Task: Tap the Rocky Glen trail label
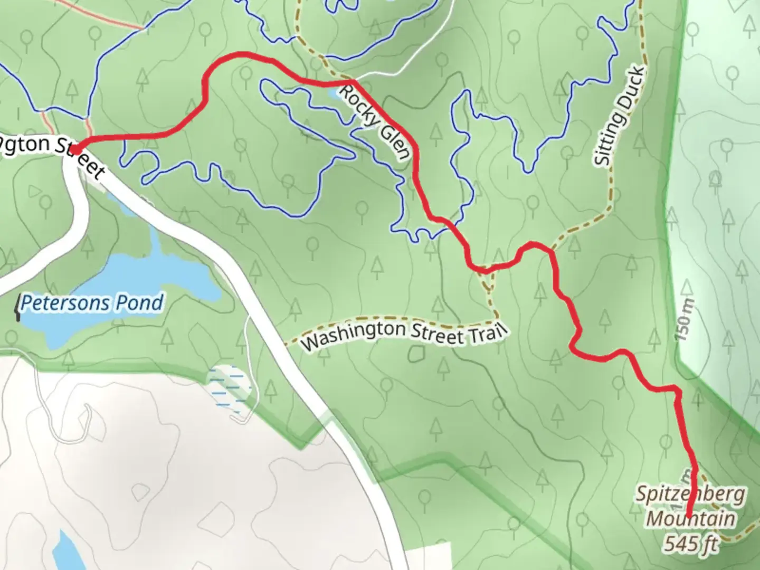pyautogui.click(x=374, y=121)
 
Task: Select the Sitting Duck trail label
pyautogui.click(x=620, y=116)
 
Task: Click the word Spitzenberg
pyautogui.click(x=690, y=495)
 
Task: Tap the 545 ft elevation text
pyautogui.click(x=691, y=543)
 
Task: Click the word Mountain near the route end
pyautogui.click(x=690, y=519)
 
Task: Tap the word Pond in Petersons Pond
pyautogui.click(x=141, y=303)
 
